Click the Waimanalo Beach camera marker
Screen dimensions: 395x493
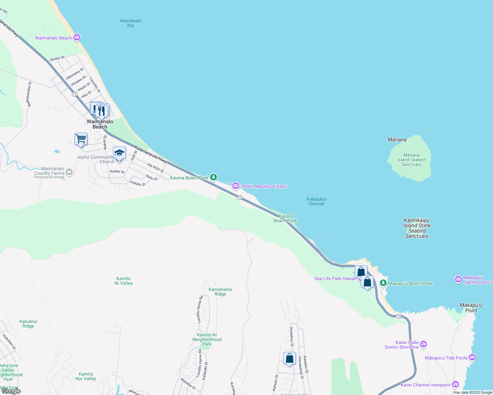(x=77, y=38)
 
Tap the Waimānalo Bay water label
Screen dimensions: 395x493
(x=130, y=23)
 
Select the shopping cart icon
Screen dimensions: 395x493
(x=81, y=139)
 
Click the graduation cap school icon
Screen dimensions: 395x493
(x=119, y=153)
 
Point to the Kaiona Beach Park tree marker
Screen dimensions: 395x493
(x=214, y=177)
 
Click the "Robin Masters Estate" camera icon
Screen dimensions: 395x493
(x=236, y=186)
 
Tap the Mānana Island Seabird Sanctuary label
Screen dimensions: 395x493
(x=411, y=160)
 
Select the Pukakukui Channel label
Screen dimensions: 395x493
(x=316, y=201)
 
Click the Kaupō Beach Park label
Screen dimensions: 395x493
(x=285, y=218)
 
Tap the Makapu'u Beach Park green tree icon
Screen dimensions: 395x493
(x=383, y=283)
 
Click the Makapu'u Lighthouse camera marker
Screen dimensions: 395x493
(x=458, y=279)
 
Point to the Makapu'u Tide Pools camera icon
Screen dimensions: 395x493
(x=472, y=357)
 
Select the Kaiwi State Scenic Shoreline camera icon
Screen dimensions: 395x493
(x=423, y=344)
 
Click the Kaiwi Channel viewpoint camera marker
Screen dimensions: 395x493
(x=455, y=384)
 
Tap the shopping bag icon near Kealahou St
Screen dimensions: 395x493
(x=289, y=358)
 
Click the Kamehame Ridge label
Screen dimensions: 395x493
(x=220, y=292)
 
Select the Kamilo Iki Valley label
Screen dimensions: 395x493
(x=123, y=281)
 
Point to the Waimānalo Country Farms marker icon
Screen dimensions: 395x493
(x=69, y=171)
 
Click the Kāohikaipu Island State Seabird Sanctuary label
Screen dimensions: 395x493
(x=417, y=228)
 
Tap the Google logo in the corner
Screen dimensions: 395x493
(x=11, y=391)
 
